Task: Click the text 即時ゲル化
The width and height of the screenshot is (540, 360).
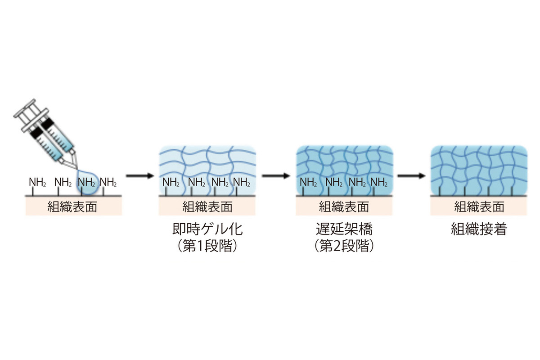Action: (x=207, y=230)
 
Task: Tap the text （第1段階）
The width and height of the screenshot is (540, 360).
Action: (x=207, y=246)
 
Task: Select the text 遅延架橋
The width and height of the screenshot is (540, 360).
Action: (x=344, y=230)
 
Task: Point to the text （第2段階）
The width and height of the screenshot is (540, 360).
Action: (x=344, y=246)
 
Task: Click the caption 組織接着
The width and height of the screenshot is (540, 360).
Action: (x=479, y=230)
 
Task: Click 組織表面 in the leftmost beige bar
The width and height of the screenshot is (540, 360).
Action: (x=72, y=207)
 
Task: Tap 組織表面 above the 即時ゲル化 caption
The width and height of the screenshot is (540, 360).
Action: (x=207, y=207)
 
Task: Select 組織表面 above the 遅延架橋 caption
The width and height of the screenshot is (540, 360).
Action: (x=344, y=207)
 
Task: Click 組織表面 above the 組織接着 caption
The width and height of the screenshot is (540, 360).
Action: (x=479, y=207)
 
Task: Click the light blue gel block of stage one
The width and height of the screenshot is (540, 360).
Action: (x=207, y=162)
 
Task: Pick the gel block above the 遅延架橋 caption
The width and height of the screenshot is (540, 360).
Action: (x=344, y=162)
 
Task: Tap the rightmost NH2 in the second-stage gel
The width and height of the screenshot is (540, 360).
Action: (x=379, y=182)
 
